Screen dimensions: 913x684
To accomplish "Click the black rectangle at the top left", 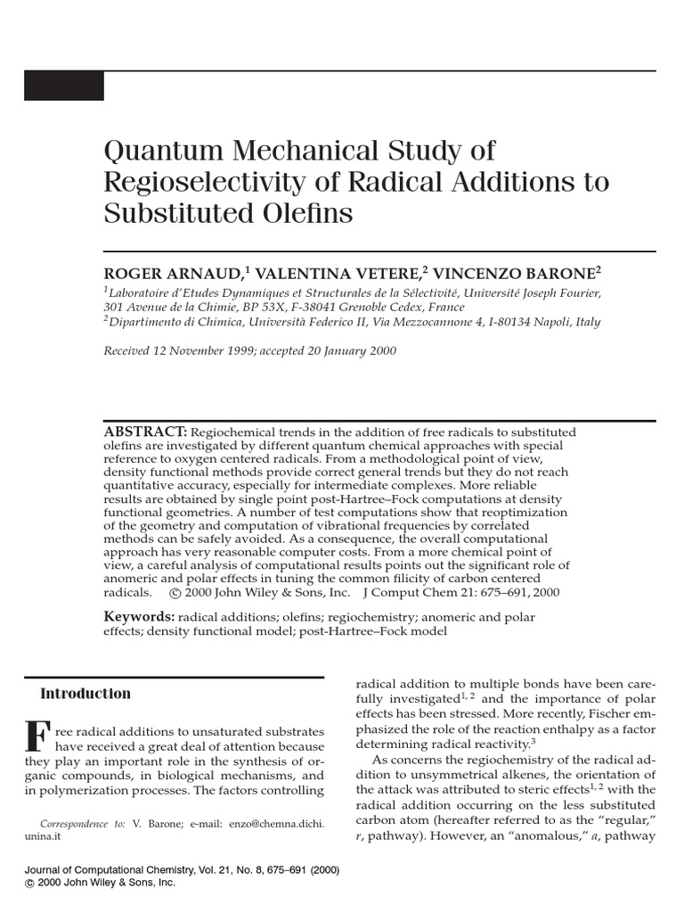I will (63, 86).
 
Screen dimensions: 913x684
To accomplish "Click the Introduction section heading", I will (85, 694).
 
